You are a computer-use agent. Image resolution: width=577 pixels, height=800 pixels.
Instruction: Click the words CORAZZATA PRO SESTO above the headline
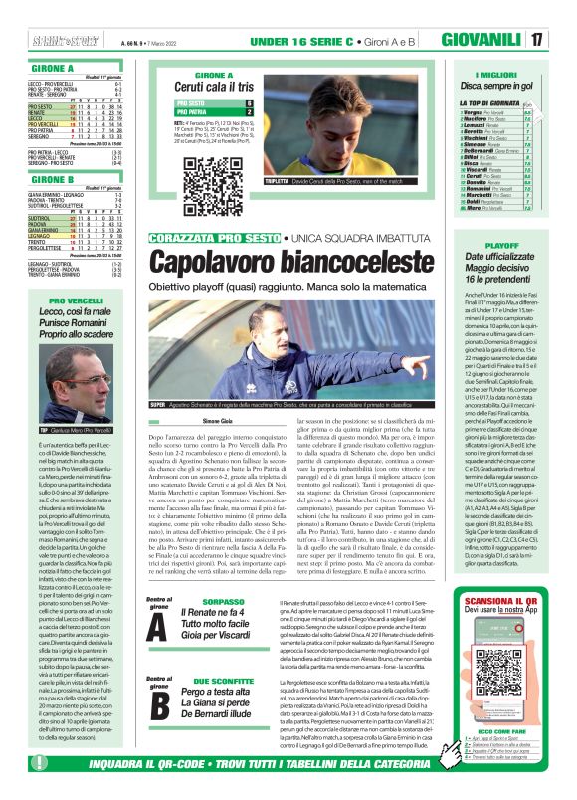tap(209, 240)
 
